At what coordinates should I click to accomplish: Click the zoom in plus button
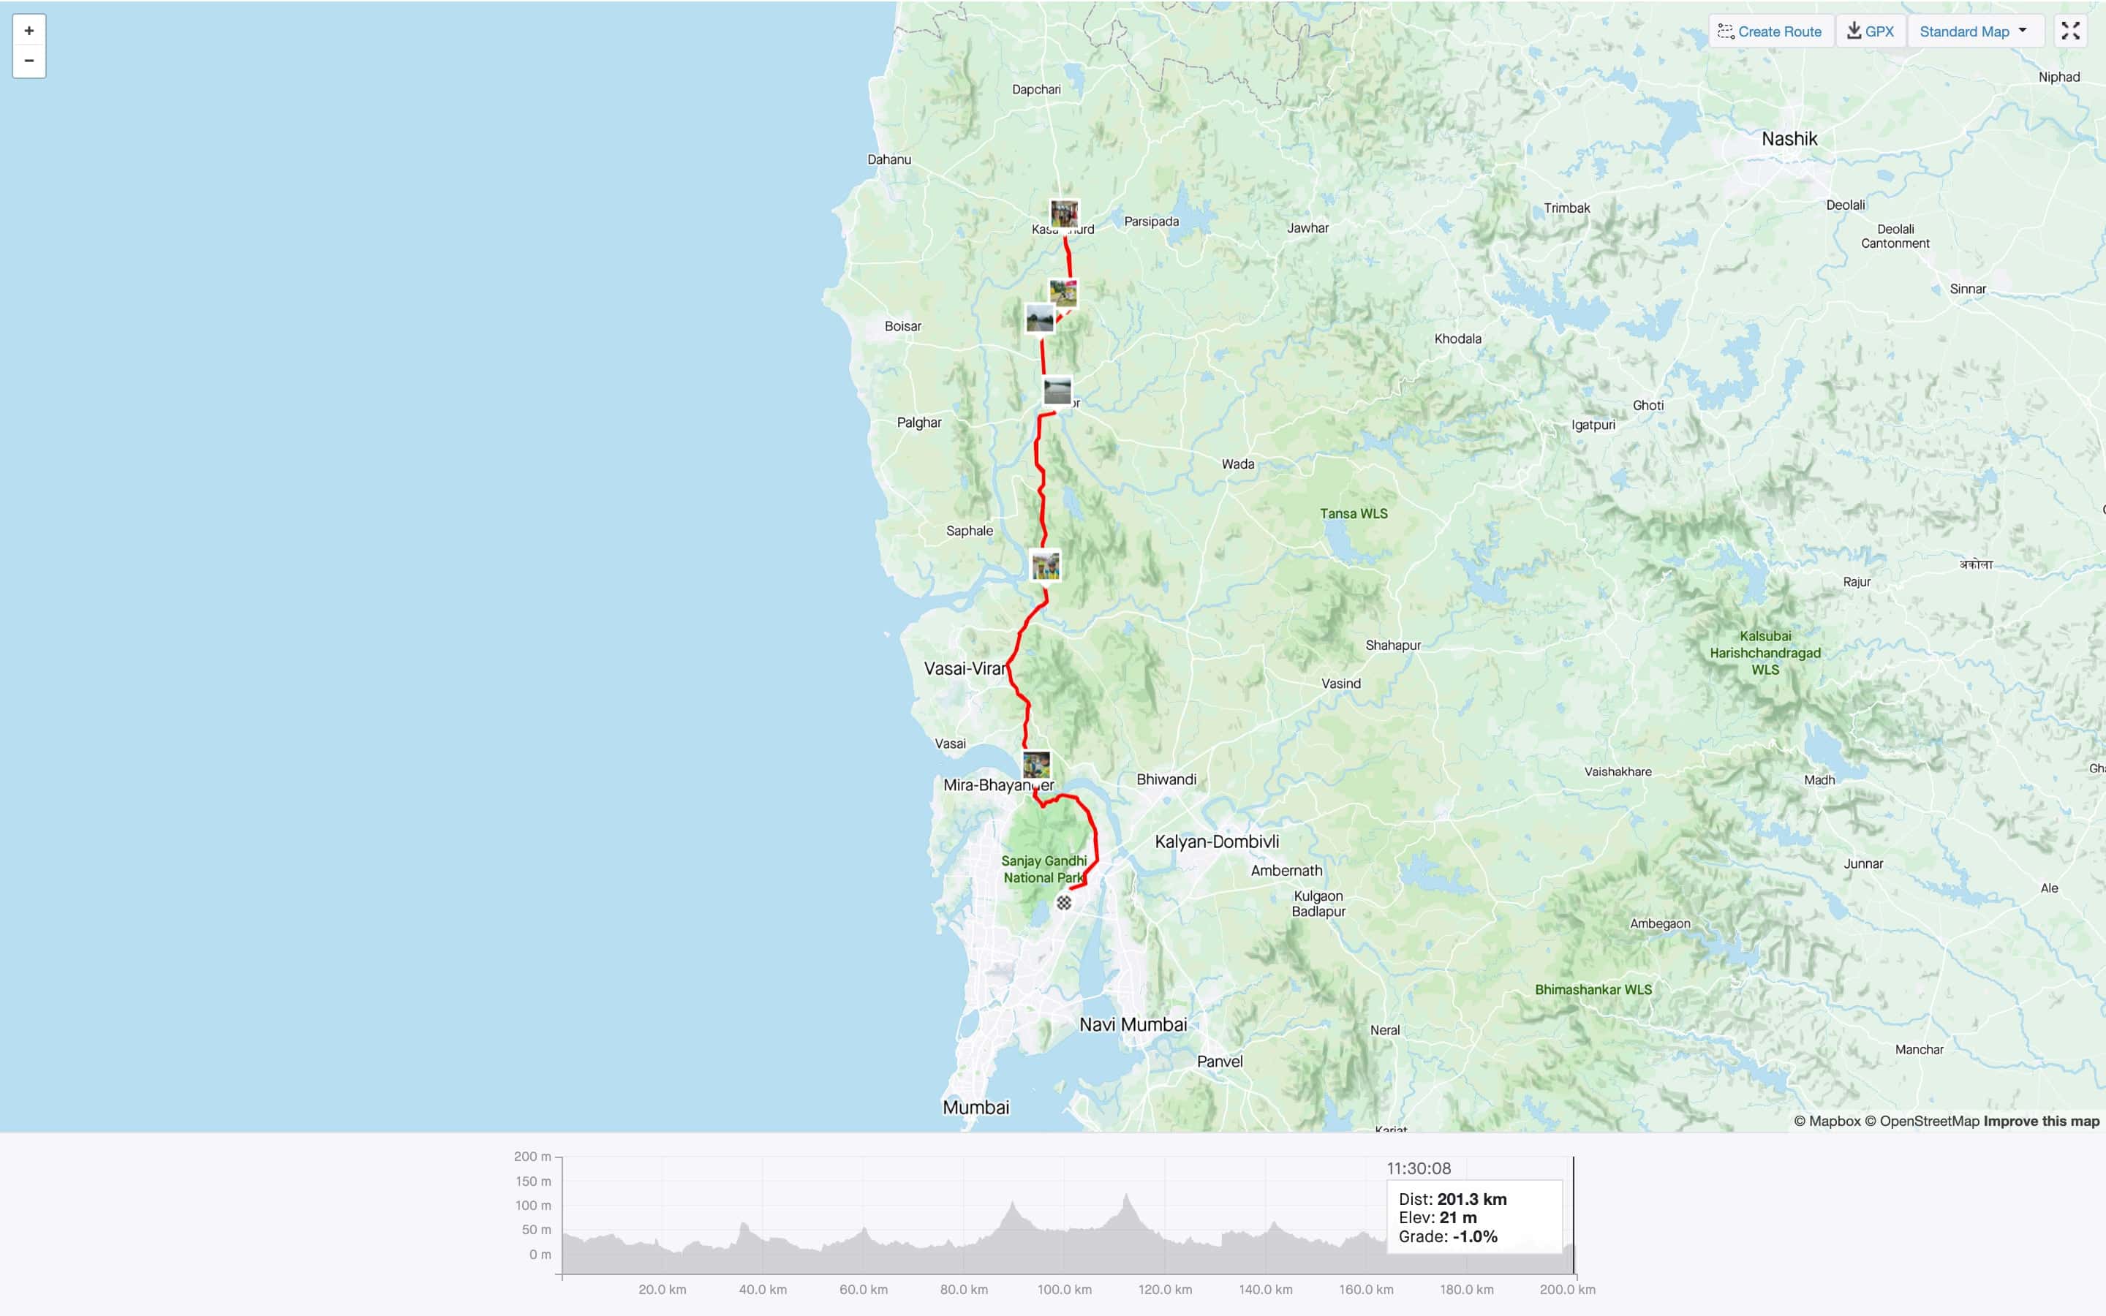(x=29, y=31)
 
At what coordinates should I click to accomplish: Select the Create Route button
(x=1770, y=31)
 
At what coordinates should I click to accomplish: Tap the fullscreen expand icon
(x=2070, y=31)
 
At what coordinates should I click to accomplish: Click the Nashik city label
(x=1789, y=139)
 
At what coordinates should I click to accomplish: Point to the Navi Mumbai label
(x=1132, y=1024)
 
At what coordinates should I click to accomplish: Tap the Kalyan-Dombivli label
(x=1216, y=842)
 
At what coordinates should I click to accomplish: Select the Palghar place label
(x=919, y=423)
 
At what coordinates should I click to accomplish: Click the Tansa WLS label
(x=1354, y=513)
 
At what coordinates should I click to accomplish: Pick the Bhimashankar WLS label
(x=1593, y=990)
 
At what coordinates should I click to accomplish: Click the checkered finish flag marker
(x=1063, y=903)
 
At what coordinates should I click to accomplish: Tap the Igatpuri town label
(x=1593, y=425)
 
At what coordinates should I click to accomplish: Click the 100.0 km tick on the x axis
(x=1063, y=1290)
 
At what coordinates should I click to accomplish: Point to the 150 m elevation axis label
(x=532, y=1181)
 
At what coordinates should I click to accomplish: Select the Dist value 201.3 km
(x=1471, y=1199)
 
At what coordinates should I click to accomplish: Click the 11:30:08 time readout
(x=1419, y=1169)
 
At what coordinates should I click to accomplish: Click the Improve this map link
(x=2041, y=1121)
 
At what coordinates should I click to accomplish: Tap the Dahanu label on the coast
(x=888, y=159)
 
